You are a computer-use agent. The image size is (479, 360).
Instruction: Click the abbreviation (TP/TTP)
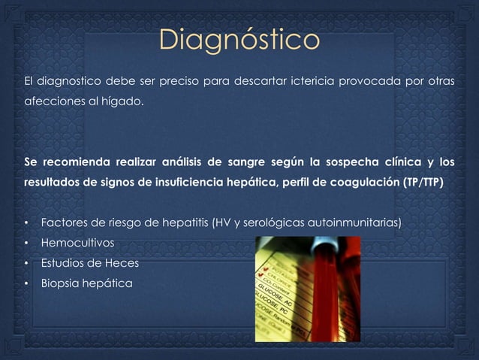423,183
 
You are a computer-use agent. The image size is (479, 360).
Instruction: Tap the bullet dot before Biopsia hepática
26,284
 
